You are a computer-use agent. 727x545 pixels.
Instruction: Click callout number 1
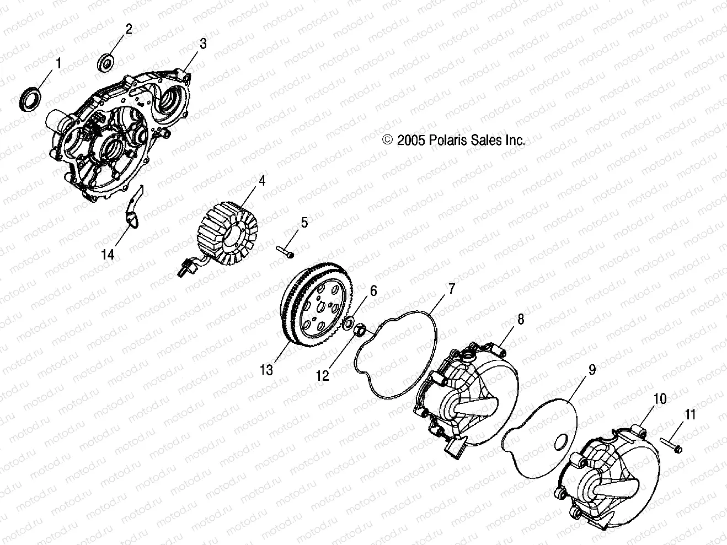click(57, 63)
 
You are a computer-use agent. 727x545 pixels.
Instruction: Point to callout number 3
click(203, 44)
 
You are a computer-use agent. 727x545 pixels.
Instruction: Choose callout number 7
click(451, 288)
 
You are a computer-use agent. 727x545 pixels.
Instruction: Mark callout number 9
click(592, 370)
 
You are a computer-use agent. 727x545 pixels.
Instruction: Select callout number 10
click(660, 398)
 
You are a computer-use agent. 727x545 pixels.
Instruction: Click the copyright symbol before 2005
click(403, 141)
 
